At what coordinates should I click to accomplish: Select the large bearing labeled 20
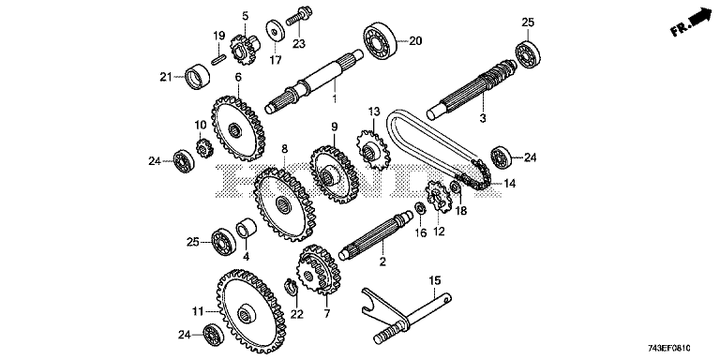point(380,41)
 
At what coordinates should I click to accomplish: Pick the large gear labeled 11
point(251,310)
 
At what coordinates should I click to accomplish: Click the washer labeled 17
point(275,30)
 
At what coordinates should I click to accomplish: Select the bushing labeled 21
point(198,76)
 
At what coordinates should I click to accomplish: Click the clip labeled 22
point(292,287)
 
